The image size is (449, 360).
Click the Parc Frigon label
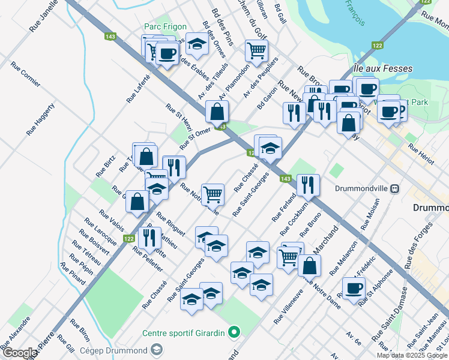[165, 27]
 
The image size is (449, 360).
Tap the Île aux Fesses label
[383, 68]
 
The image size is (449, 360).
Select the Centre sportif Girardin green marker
[235, 331]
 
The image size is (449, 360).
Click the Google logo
[19, 353]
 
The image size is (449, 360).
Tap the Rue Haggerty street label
[41, 118]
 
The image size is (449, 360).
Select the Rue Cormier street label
[26, 76]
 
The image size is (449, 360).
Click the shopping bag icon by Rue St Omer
[217, 112]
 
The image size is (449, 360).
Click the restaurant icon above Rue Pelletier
[149, 238]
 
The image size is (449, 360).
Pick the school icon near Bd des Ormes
[197, 43]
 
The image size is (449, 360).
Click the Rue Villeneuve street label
[287, 308]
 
